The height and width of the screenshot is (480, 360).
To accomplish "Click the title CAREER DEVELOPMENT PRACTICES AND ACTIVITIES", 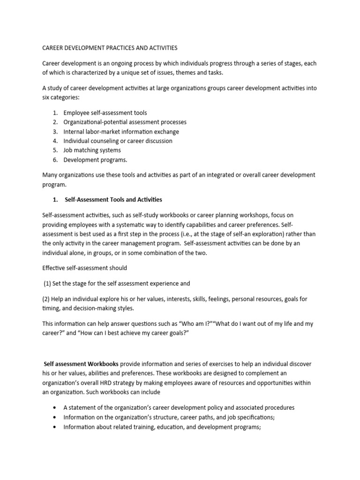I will click(110, 48).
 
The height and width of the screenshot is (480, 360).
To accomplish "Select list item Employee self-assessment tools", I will click(105, 113).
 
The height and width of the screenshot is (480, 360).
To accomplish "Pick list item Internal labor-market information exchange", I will click(121, 132).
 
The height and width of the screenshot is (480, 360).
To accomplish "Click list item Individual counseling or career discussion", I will click(118, 141).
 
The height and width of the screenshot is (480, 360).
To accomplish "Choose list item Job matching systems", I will click(92, 150).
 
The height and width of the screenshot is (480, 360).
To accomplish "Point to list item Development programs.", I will click(95, 160).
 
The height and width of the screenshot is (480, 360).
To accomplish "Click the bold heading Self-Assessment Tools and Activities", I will click(113, 200).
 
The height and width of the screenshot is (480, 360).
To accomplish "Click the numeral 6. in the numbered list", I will click(55, 160).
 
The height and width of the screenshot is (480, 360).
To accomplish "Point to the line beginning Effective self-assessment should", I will click(85, 268).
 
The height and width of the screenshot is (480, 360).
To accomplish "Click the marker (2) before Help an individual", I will click(47, 299).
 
